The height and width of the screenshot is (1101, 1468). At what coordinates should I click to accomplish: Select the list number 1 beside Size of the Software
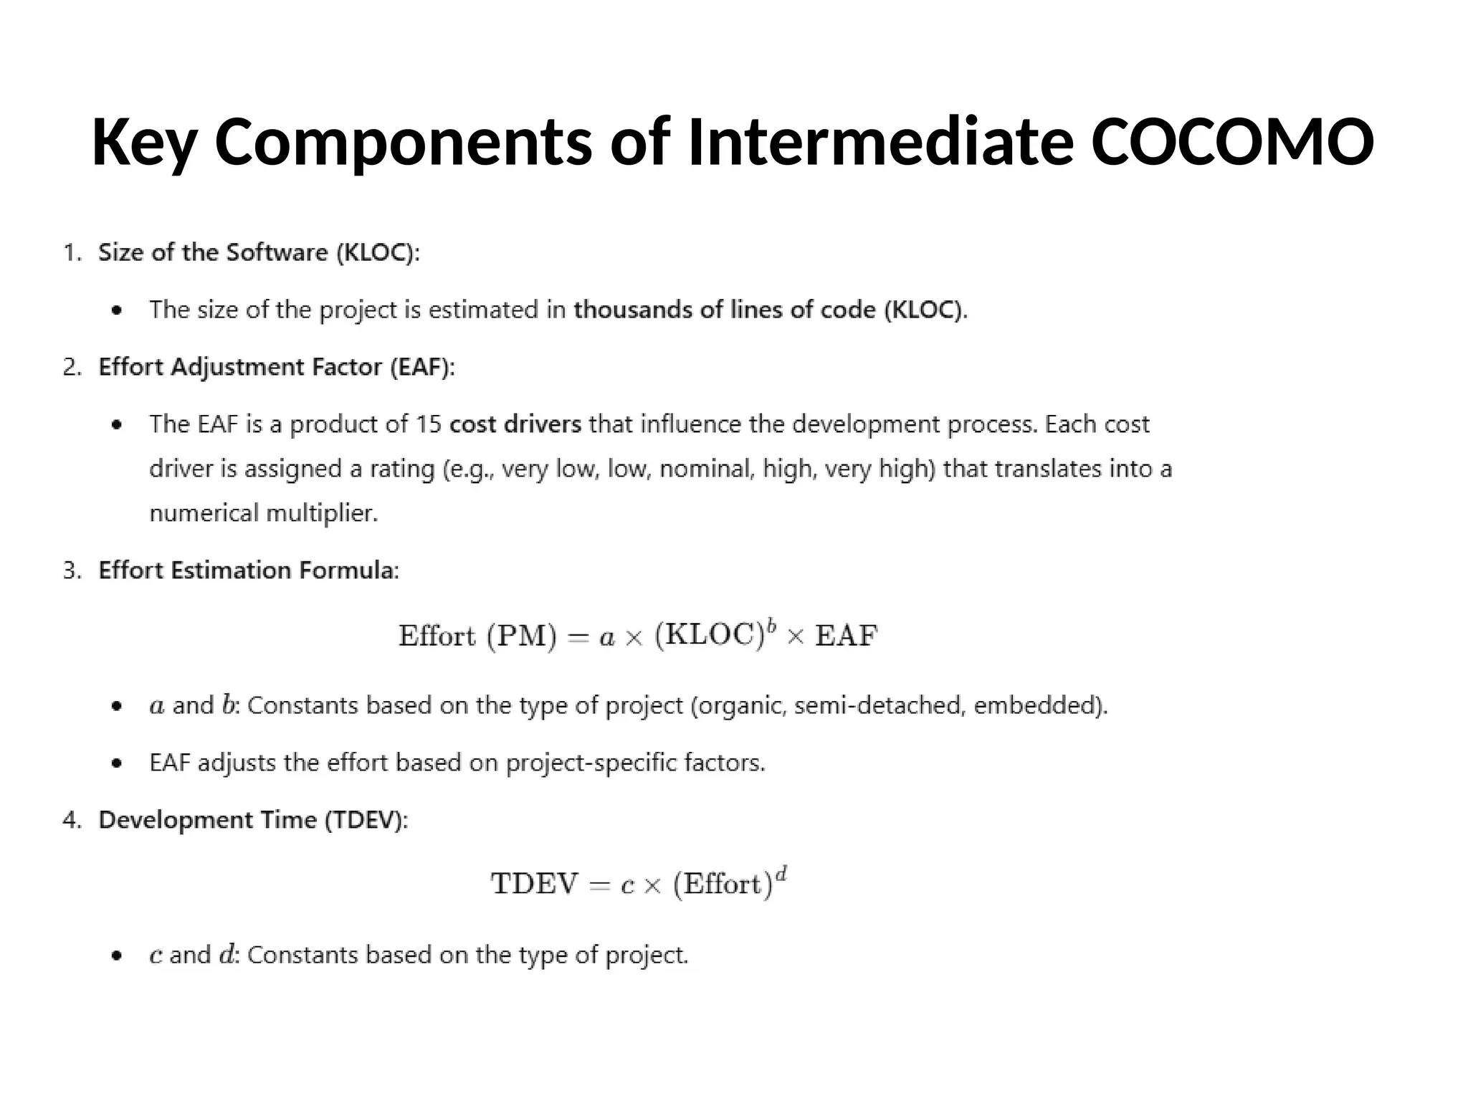click(x=70, y=252)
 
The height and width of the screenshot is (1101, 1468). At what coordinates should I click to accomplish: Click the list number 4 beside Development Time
click(x=70, y=819)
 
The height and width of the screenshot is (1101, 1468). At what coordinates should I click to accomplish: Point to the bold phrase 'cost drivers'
click(x=515, y=424)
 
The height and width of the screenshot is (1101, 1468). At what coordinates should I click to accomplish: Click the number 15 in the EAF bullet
click(x=429, y=424)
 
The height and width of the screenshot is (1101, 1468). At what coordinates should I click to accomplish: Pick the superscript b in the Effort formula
click(x=771, y=626)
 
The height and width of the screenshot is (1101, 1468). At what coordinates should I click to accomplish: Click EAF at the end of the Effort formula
click(x=846, y=636)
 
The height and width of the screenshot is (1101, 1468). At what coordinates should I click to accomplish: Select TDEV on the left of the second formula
click(x=534, y=884)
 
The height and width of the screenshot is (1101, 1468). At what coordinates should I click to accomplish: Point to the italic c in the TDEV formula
click(x=627, y=886)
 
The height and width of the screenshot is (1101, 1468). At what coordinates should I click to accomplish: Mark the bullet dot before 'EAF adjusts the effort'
click(x=117, y=763)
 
